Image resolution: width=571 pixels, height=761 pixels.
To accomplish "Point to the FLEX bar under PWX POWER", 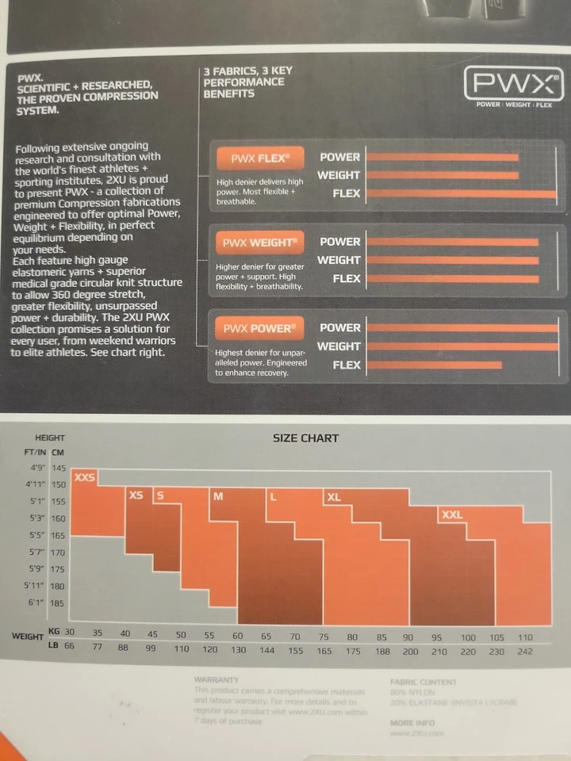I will (x=435, y=365).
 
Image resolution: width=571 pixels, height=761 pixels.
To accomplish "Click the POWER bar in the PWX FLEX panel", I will (x=443, y=157).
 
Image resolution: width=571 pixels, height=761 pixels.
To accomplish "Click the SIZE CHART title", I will (x=305, y=438).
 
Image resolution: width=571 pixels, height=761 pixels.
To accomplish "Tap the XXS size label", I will (x=84, y=478).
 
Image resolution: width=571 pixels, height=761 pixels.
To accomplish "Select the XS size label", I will (x=136, y=495).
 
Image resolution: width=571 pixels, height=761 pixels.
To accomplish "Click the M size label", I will (x=218, y=496).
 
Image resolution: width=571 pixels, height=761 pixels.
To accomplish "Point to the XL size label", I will (x=333, y=497).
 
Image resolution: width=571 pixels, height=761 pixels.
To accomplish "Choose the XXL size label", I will (x=451, y=514).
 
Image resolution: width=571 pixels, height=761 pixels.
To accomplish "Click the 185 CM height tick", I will (x=57, y=603).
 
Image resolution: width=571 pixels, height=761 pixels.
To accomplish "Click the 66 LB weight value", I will (x=69, y=648).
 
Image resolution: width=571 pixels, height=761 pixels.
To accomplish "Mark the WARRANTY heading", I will (x=217, y=679).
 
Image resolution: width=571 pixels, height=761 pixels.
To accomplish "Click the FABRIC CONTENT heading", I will (x=423, y=682).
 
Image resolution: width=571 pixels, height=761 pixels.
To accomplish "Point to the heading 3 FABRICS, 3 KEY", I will (x=247, y=71).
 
